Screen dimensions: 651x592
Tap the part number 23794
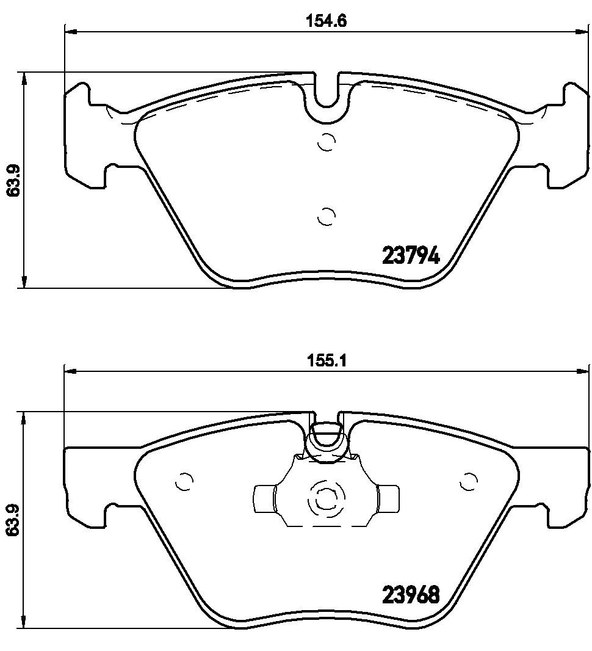pos(411,256)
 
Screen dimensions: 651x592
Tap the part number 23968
pos(411,595)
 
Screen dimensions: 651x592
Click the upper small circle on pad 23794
pos(327,142)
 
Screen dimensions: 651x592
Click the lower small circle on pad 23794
pos(327,216)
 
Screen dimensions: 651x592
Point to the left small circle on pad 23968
pos(183,482)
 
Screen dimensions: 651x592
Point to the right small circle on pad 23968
pos(468,482)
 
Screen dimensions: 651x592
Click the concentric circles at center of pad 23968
pos(326,501)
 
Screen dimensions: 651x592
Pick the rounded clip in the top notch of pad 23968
pos(327,441)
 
